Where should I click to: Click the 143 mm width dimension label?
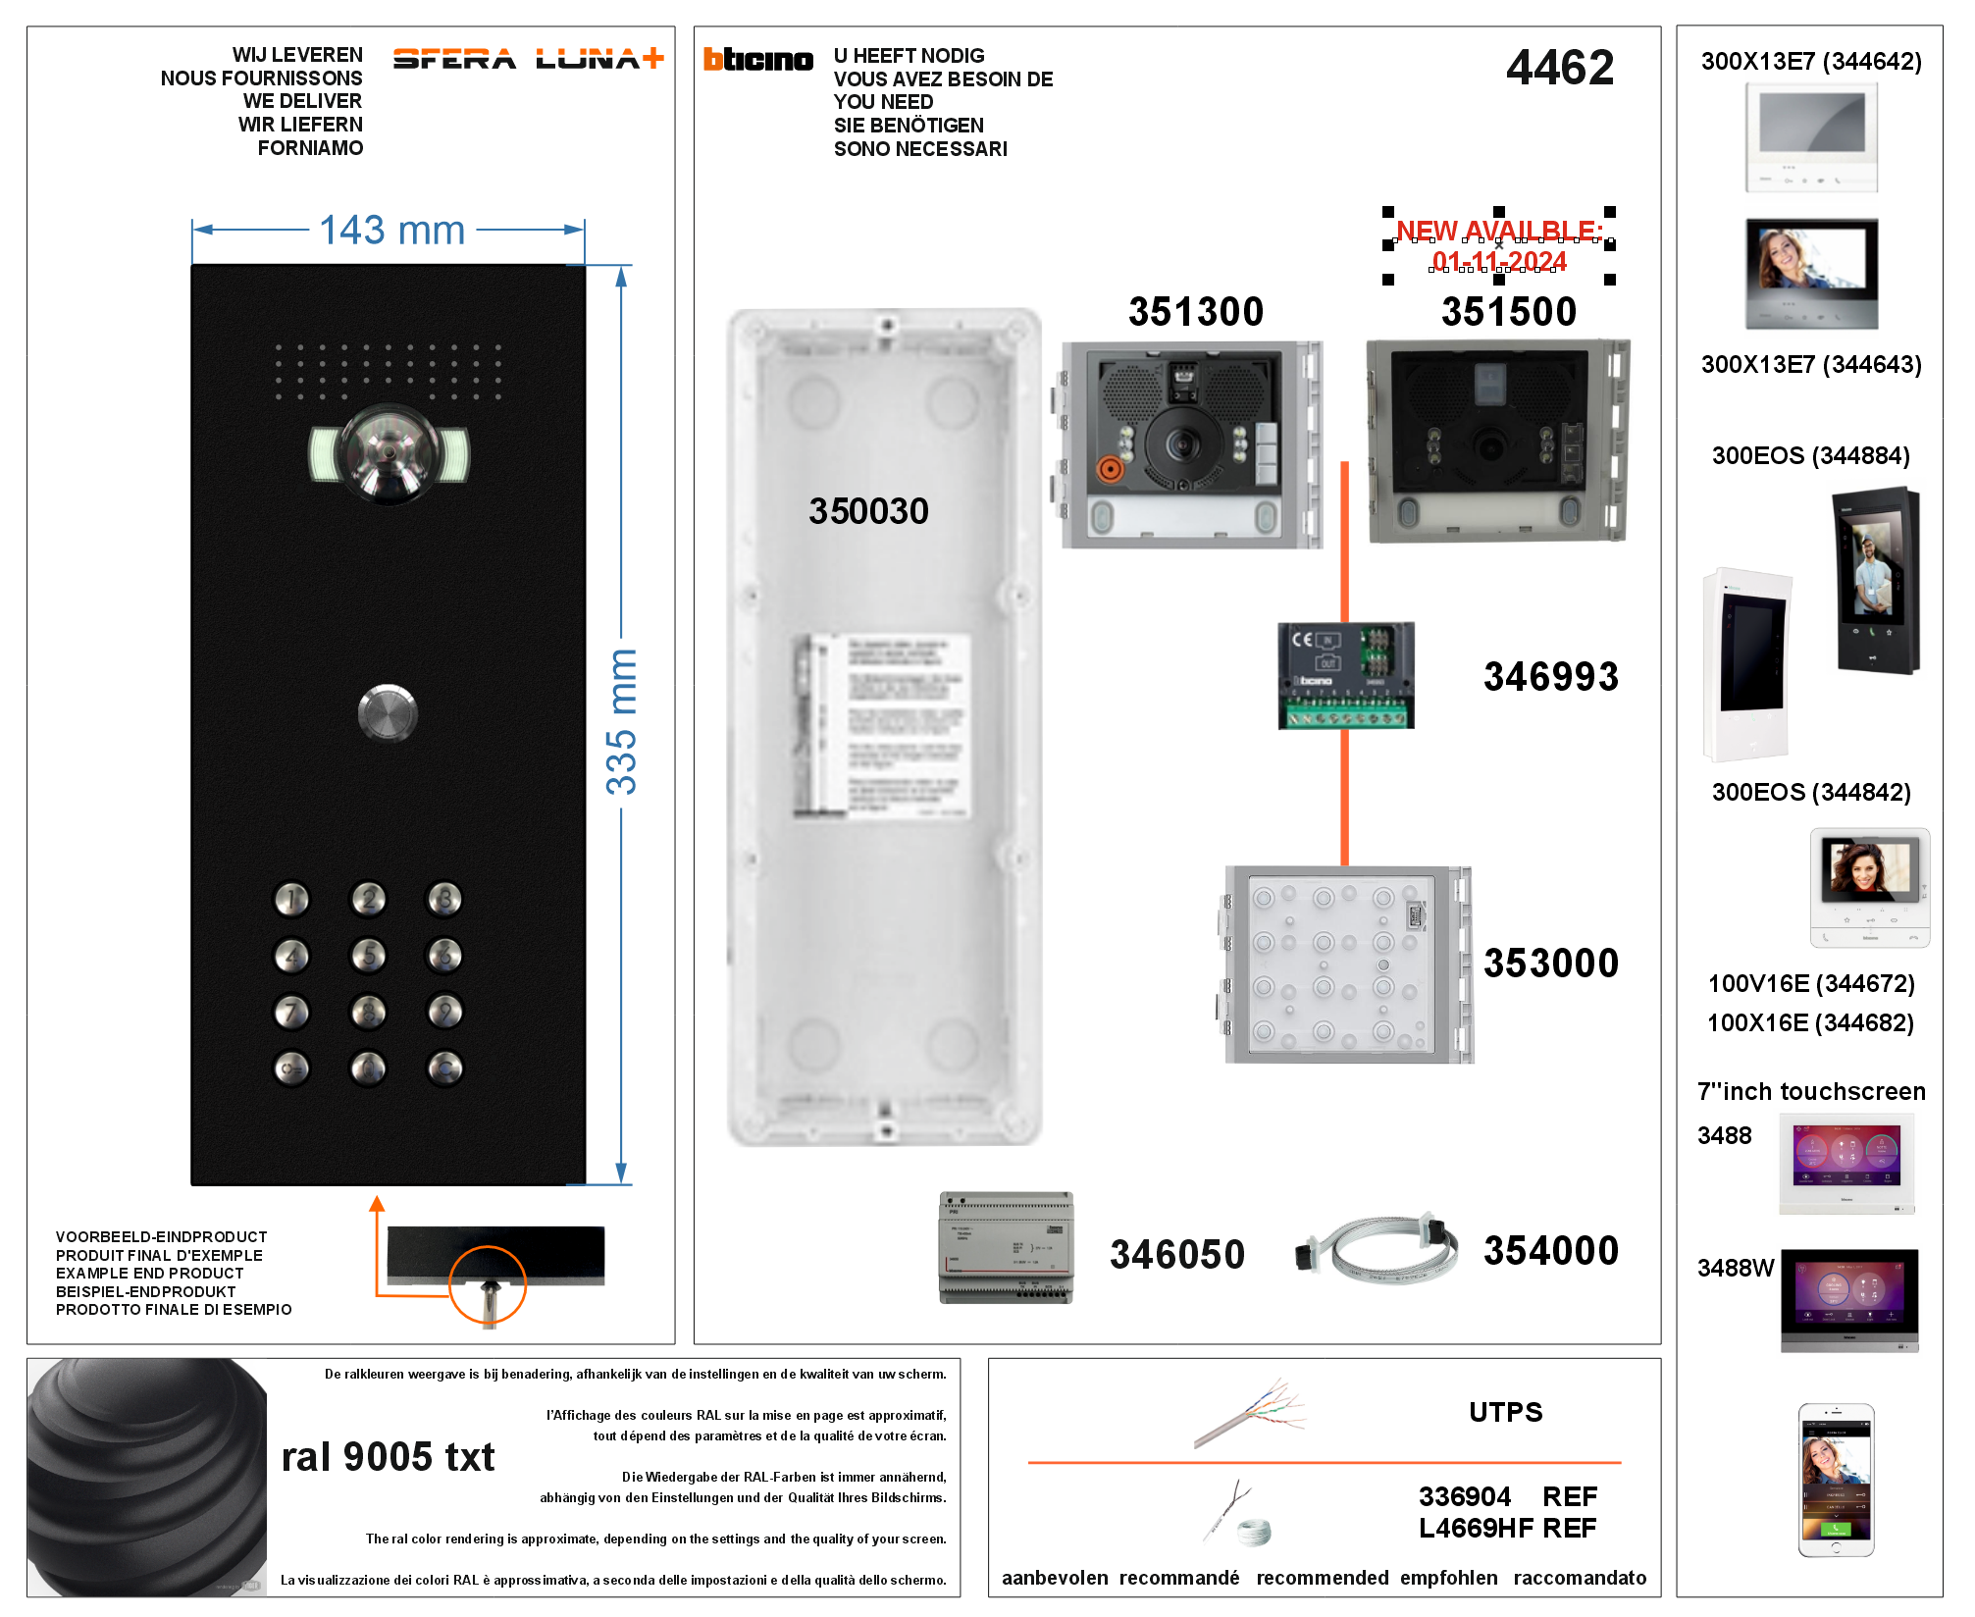[x=392, y=231]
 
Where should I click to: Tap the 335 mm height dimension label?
[x=621, y=722]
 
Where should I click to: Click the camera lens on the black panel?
[x=390, y=453]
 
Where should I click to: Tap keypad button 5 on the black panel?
[x=369, y=955]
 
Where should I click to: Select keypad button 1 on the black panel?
[x=291, y=899]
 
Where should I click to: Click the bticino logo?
[x=758, y=60]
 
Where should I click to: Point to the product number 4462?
[x=1559, y=68]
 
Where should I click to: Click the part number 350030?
[x=868, y=511]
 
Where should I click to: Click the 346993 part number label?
[x=1550, y=677]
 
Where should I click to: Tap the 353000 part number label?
[x=1550, y=964]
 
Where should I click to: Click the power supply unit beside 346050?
[x=1006, y=1247]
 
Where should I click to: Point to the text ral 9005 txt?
[x=388, y=1457]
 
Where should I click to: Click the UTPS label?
[x=1505, y=1412]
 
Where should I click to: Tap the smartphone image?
[x=1836, y=1480]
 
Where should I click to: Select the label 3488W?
[x=1735, y=1268]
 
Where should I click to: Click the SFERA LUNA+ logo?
[x=528, y=60]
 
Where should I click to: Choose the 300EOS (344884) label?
[x=1810, y=455]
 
